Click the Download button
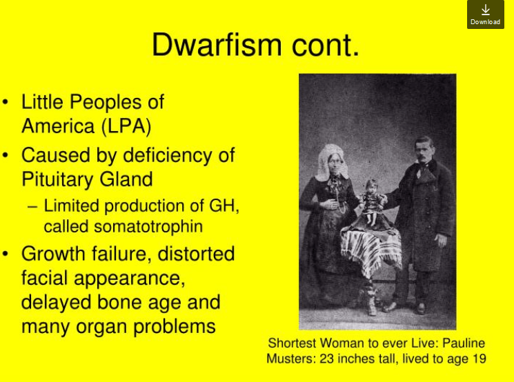click(x=486, y=14)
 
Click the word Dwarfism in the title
click(x=217, y=45)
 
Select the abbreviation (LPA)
click(x=126, y=126)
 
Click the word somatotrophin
click(x=148, y=227)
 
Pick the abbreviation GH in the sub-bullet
click(x=224, y=205)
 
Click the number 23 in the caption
click(x=326, y=359)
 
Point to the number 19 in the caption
click(x=480, y=359)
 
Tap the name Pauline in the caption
click(x=464, y=343)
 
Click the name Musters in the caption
click(x=291, y=359)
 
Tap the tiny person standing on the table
click(x=371, y=202)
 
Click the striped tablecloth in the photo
click(x=371, y=249)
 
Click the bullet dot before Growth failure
click(x=5, y=254)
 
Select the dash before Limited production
click(x=32, y=207)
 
